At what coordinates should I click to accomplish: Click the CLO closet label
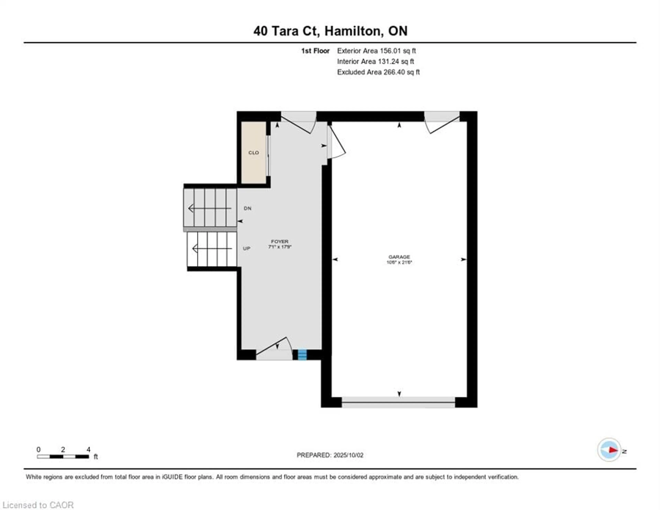[254, 153]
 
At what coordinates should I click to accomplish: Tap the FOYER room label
[279, 242]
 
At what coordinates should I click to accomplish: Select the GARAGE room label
[399, 257]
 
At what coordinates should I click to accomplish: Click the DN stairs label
[247, 208]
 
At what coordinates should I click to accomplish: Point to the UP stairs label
[247, 249]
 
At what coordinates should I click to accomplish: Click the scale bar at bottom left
[63, 457]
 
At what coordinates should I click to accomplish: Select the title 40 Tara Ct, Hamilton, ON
[330, 31]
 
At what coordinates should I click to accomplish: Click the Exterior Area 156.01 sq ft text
[377, 51]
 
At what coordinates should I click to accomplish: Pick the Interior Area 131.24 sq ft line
[376, 61]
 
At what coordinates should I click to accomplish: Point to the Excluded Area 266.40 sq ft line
[378, 72]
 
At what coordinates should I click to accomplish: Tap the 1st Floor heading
[315, 51]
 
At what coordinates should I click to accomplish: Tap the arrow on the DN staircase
[210, 208]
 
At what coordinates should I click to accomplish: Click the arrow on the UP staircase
[212, 249]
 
